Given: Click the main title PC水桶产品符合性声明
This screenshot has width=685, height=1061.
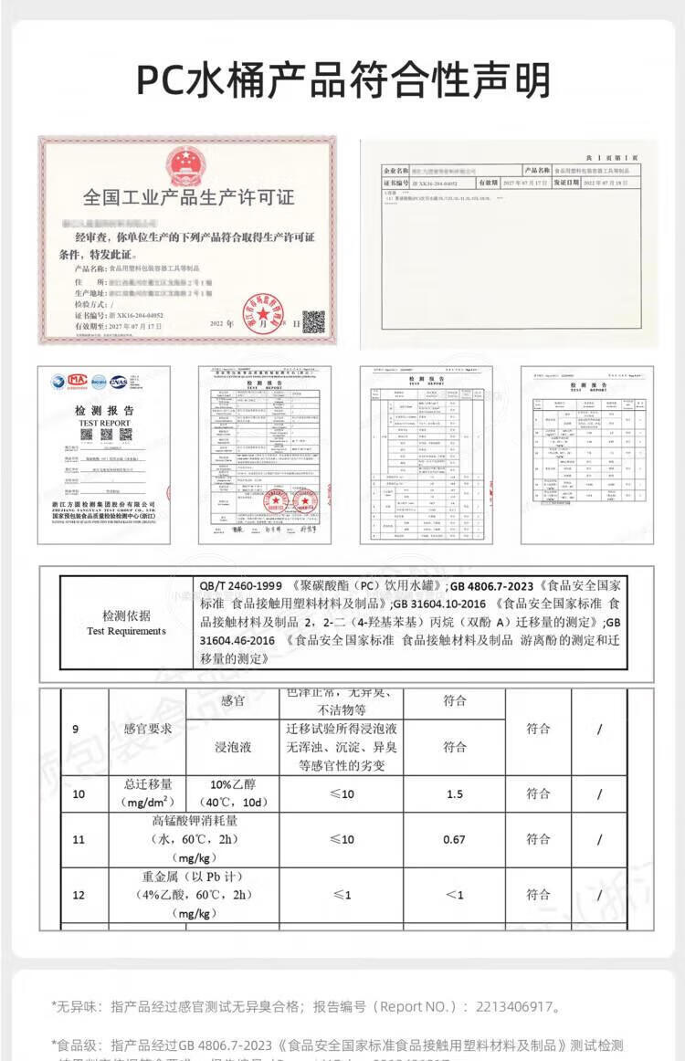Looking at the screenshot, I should [342, 80].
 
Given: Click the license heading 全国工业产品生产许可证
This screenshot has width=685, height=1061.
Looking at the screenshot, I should [188, 197].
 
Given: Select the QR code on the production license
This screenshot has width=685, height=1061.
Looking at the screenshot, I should [313, 321].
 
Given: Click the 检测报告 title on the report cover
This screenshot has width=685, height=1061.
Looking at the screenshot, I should [104, 411].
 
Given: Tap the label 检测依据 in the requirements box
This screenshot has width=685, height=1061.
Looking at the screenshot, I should [126, 615].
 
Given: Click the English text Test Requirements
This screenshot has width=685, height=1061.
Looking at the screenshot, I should [126, 631].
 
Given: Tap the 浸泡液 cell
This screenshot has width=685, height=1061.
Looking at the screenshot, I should [234, 747].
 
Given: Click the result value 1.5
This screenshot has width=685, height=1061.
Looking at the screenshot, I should [455, 793].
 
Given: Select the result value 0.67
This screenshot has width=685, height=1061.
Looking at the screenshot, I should [455, 839].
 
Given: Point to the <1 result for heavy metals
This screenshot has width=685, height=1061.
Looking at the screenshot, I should [455, 894].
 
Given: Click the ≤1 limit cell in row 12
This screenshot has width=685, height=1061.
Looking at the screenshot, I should [342, 894].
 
